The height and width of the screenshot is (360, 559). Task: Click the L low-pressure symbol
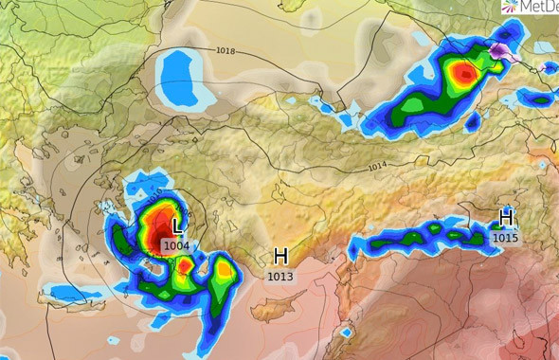(x=176, y=227)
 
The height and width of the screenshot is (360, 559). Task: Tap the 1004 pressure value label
(x=176, y=245)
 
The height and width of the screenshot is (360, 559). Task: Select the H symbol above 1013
(x=280, y=256)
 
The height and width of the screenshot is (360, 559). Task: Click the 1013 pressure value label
(x=280, y=277)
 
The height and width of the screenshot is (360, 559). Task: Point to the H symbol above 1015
(x=506, y=218)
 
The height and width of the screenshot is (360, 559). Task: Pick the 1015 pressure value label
(x=506, y=238)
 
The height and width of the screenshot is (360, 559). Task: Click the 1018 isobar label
(x=225, y=50)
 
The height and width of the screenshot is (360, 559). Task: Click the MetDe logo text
(x=536, y=8)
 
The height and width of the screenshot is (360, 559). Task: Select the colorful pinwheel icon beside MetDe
(x=509, y=7)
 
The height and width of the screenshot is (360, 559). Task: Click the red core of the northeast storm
(x=462, y=72)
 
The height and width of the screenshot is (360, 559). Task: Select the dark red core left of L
(x=153, y=231)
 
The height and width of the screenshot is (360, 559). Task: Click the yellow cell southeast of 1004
(x=224, y=271)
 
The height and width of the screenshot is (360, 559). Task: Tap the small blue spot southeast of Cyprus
(x=347, y=333)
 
